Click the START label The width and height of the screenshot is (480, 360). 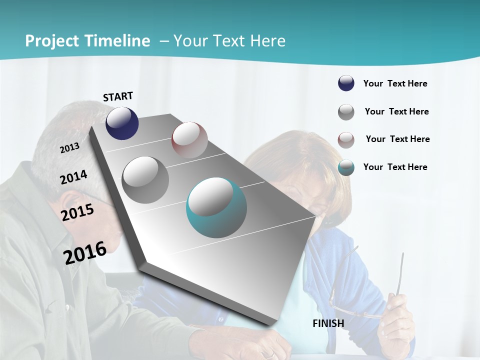[x=118, y=96]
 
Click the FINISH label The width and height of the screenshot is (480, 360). [x=328, y=323]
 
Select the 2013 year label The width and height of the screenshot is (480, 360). [x=69, y=148]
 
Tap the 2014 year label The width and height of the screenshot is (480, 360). [x=73, y=177]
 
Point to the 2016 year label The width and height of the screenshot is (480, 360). [x=85, y=252]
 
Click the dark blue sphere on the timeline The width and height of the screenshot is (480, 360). [x=122, y=123]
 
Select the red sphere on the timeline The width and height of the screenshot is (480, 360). [x=189, y=140]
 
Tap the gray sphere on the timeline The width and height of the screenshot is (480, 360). [x=145, y=180]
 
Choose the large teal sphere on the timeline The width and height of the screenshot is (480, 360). [x=216, y=207]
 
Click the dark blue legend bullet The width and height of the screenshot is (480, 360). [x=346, y=83]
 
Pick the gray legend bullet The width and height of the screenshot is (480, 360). [x=346, y=112]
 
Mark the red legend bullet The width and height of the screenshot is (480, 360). [x=346, y=139]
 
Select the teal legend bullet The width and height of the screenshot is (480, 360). [x=346, y=167]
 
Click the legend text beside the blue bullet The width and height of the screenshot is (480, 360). [x=395, y=83]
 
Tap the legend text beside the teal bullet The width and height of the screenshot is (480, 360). [x=395, y=167]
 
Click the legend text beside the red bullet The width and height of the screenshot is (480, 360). [x=397, y=139]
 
